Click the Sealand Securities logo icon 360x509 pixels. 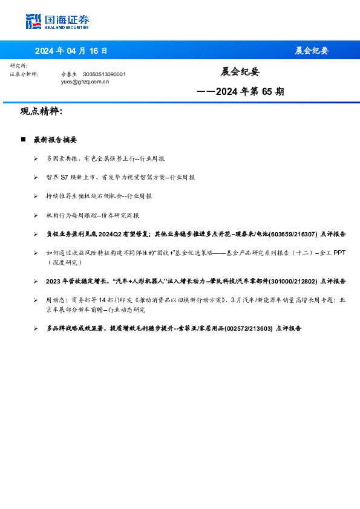click(33, 21)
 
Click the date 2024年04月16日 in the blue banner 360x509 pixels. click(71, 50)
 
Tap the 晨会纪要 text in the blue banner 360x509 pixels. click(312, 50)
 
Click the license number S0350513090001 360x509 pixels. click(103, 74)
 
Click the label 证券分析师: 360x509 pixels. click(24, 74)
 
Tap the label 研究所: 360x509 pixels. click(19, 65)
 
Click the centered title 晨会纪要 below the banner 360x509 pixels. click(240, 71)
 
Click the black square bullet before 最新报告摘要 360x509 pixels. click(23, 139)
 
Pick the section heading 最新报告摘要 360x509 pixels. click(55, 139)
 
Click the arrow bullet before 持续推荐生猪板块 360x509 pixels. click(36, 196)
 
